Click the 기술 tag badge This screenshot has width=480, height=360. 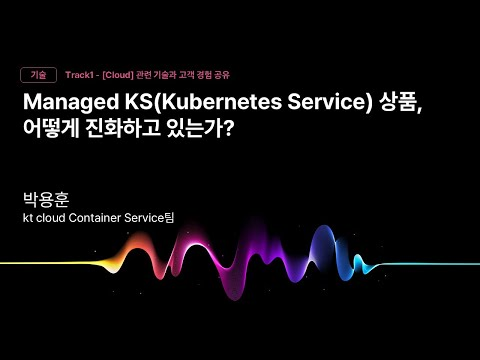[x=38, y=75]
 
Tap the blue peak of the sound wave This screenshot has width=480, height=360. [x=323, y=250]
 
